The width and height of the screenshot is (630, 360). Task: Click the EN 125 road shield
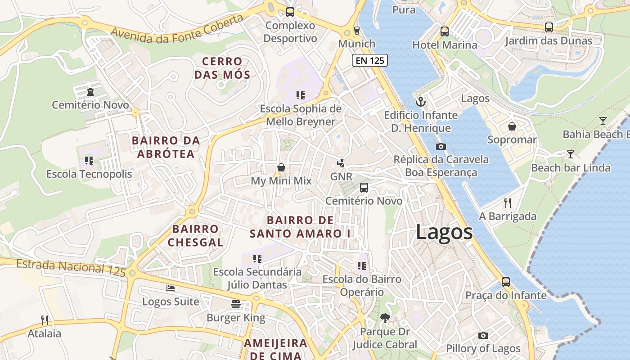(x=369, y=60)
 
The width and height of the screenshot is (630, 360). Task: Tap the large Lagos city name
(x=444, y=232)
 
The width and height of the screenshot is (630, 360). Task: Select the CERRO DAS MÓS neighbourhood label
(x=222, y=68)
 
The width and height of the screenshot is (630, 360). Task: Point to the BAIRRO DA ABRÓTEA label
(x=166, y=147)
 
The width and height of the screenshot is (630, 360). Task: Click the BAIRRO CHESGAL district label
(x=195, y=236)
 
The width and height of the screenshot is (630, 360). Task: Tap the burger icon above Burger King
(x=235, y=304)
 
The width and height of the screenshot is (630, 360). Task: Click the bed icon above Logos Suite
(x=171, y=288)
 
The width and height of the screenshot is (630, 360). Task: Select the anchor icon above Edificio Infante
(x=420, y=102)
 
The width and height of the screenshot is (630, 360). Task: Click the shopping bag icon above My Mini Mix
(x=281, y=167)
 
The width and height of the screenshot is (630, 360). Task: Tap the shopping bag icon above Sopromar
(x=512, y=126)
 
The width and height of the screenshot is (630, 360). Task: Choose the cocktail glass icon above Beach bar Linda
(x=570, y=154)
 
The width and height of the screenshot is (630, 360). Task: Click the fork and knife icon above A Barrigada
(x=508, y=203)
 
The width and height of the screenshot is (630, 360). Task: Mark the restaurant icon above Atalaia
(x=44, y=320)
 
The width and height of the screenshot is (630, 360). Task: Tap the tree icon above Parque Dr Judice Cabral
(x=384, y=318)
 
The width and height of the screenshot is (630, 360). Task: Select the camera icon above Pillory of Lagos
(x=483, y=335)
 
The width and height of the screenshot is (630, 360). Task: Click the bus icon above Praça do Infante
(x=506, y=282)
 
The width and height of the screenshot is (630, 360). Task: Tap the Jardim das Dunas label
(x=548, y=41)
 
